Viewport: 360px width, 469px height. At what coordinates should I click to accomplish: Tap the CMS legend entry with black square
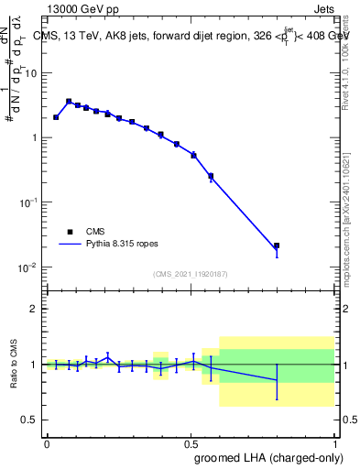[71, 232]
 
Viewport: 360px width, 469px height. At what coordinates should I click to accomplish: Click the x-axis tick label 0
[47, 442]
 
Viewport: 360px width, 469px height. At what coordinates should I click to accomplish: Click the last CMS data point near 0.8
[277, 245]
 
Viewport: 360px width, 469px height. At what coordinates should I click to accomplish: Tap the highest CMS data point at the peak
[69, 102]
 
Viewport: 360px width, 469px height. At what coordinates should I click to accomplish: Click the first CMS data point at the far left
[56, 117]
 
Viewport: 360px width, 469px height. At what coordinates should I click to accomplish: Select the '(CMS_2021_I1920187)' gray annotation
[190, 274]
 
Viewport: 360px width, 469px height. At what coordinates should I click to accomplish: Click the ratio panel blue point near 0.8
[277, 379]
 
